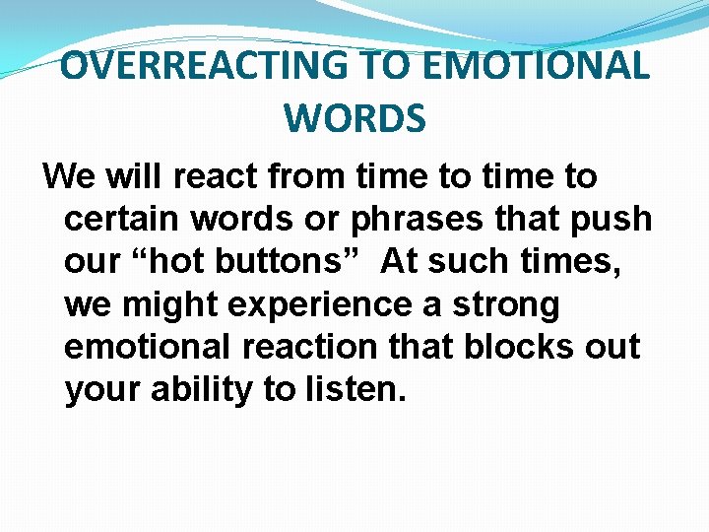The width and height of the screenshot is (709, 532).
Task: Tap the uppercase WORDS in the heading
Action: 354,118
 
